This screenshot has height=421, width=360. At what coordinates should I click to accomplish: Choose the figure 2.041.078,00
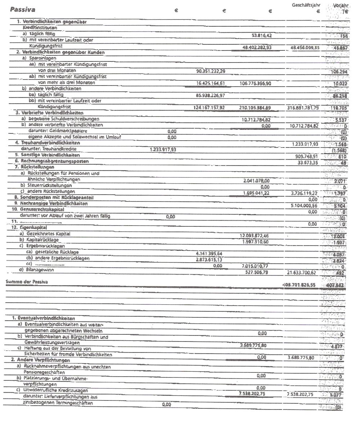click(257, 180)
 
